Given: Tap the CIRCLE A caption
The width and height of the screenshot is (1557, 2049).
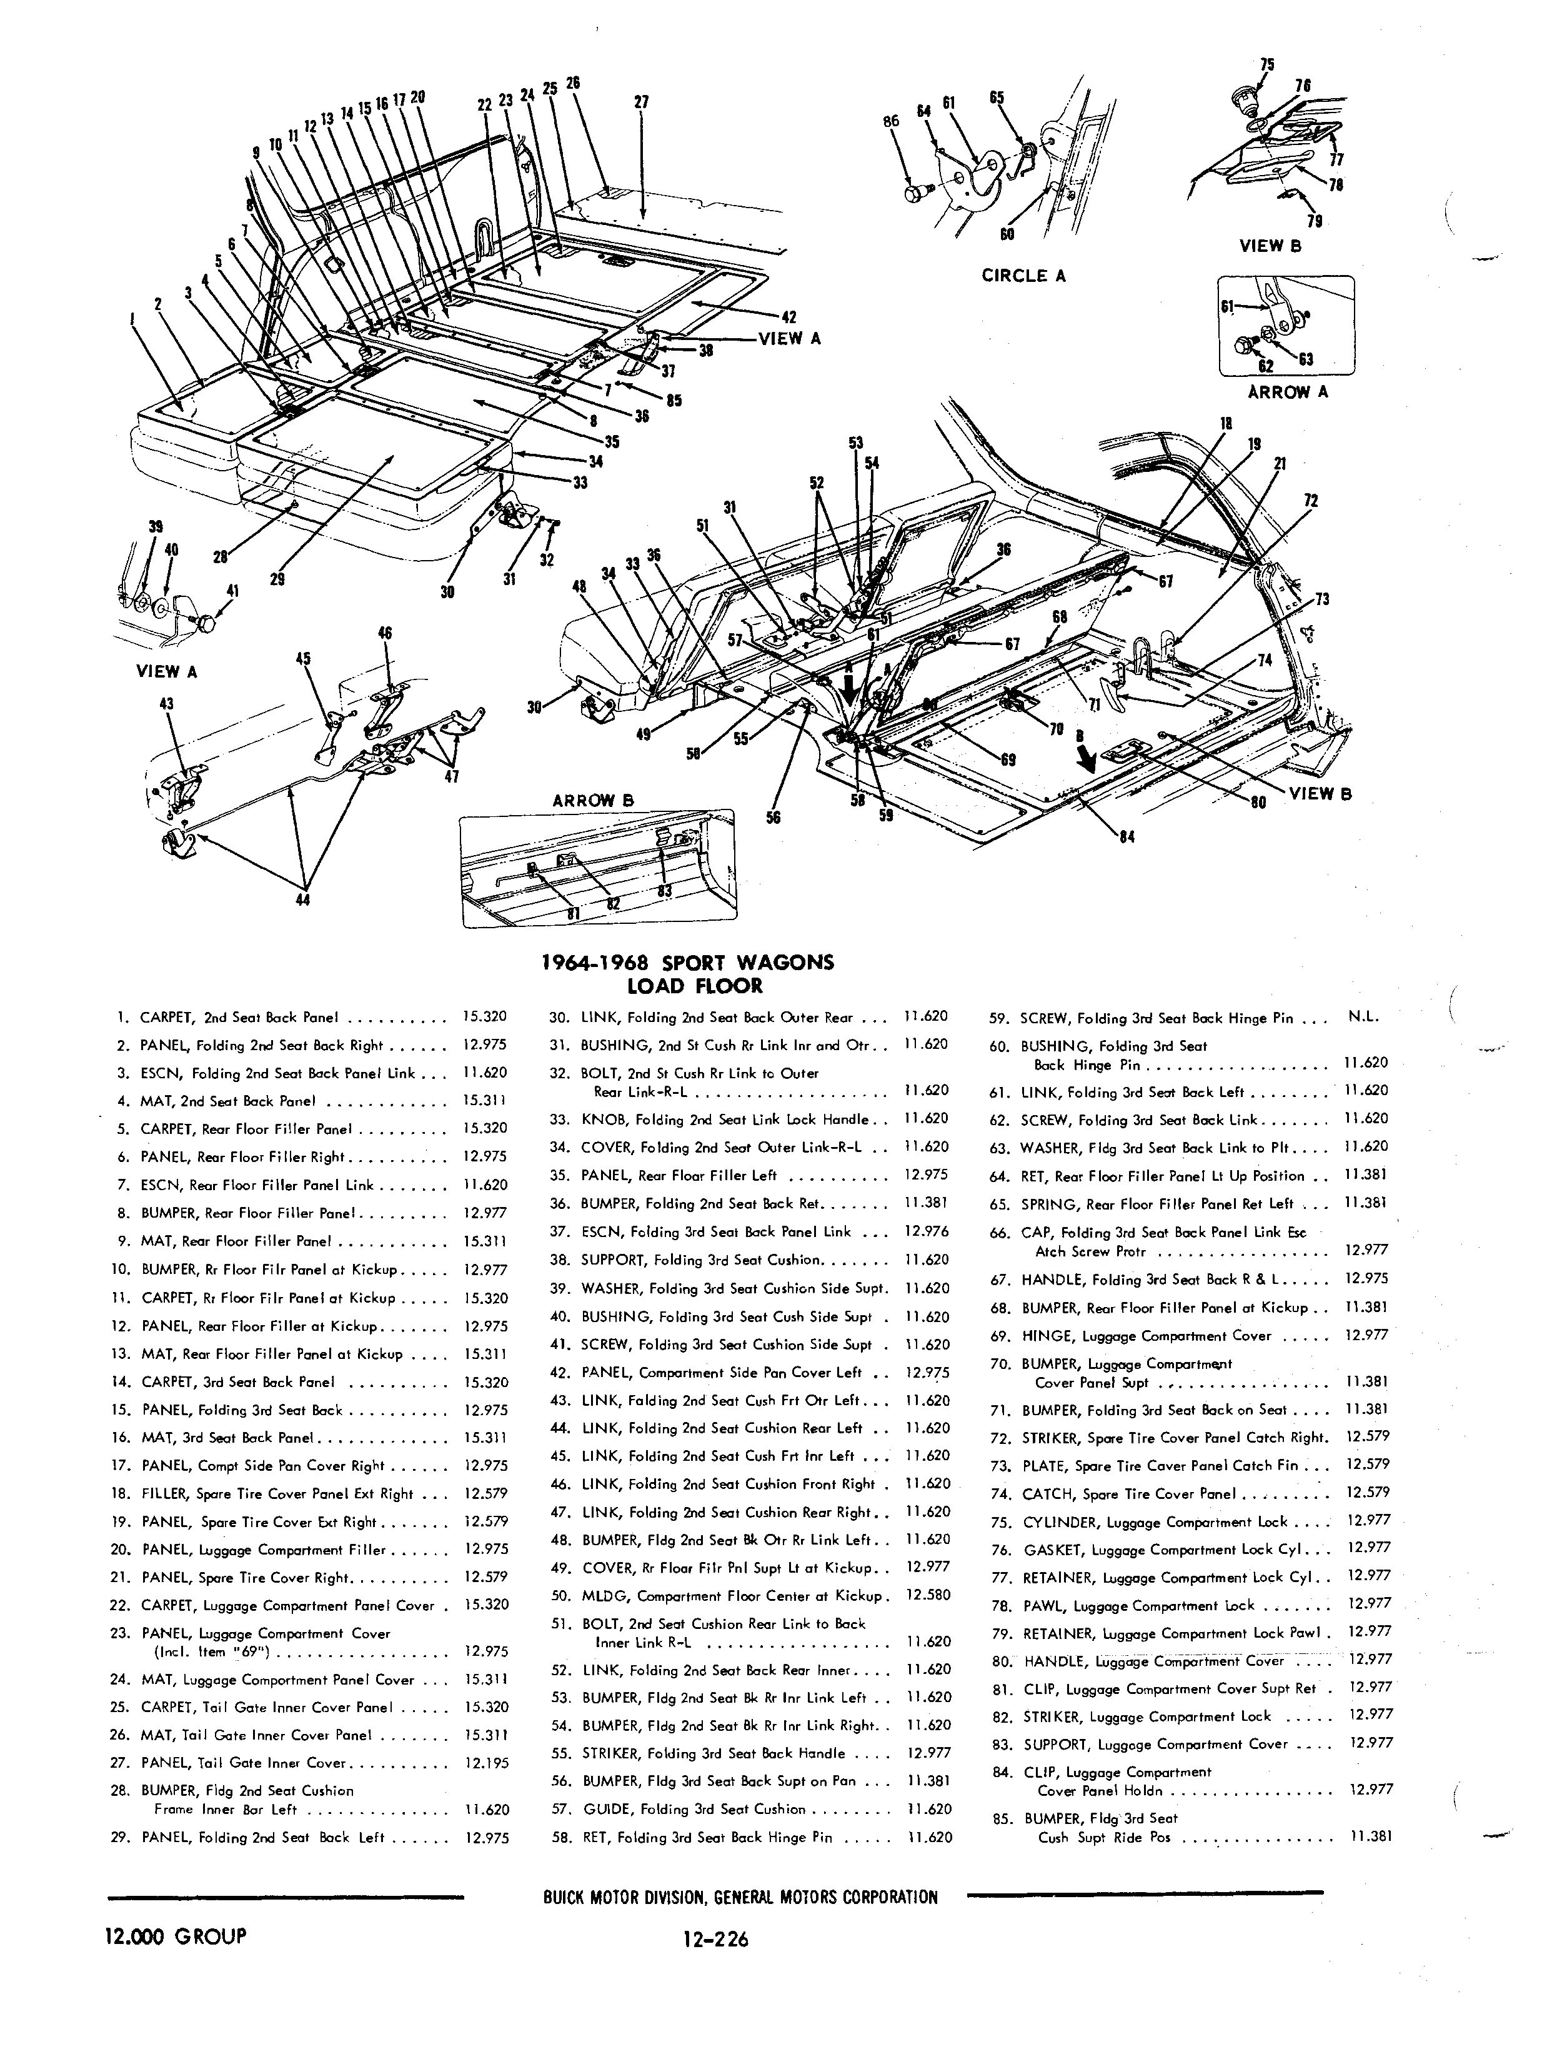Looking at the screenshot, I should [1023, 276].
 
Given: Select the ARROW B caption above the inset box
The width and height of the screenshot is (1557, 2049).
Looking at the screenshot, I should [593, 799].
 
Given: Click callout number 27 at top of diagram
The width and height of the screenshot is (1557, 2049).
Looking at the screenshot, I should [641, 102].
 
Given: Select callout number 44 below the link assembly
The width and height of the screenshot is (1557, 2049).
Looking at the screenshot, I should [303, 898].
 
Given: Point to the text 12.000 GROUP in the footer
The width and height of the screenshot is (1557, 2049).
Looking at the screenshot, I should [176, 1936].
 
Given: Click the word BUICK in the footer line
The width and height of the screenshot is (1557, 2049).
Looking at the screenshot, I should [568, 1898].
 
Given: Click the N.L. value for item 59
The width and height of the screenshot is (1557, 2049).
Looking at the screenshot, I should [1363, 1017].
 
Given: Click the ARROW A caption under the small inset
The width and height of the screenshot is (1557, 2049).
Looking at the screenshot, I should [1287, 392].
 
